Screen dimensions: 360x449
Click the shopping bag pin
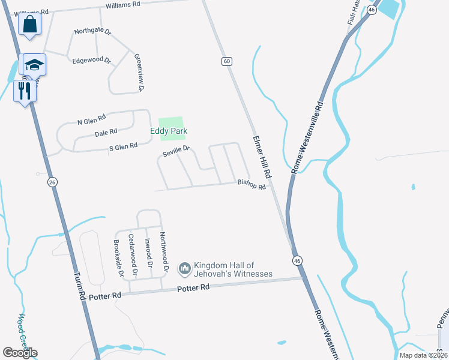point(29,25)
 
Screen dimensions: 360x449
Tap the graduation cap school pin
point(34,65)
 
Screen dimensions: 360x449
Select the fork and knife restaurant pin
point(25,92)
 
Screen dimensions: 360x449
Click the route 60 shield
point(226,61)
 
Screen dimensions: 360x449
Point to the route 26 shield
point(52,182)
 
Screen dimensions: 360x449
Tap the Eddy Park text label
point(169,131)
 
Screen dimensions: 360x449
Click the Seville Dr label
point(176,151)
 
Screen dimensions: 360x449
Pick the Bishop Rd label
point(251,184)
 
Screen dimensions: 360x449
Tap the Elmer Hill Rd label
point(262,155)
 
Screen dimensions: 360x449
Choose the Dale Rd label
point(105,133)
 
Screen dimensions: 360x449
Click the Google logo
point(20,352)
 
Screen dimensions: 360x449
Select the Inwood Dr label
point(148,253)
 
